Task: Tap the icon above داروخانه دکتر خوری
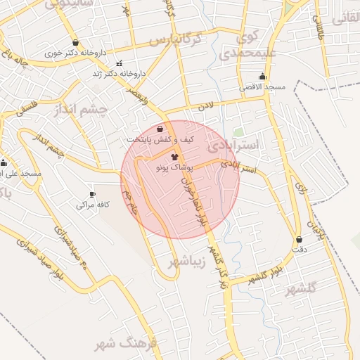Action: click(75, 42)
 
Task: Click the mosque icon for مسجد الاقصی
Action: click(263, 76)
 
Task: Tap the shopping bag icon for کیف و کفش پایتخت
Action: click(160, 129)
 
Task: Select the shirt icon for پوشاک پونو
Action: click(174, 158)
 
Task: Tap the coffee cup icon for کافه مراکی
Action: click(92, 195)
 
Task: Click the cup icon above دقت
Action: click(300, 239)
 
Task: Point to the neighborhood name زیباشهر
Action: click(186, 262)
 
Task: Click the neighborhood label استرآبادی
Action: click(233, 146)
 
